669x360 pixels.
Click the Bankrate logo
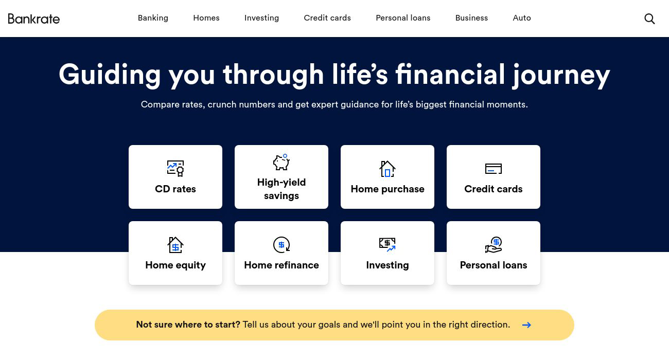[34, 19]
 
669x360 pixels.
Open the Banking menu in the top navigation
[153, 18]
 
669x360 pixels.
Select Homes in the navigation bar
[206, 18]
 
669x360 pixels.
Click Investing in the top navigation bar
[261, 18]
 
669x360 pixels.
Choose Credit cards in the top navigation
[327, 18]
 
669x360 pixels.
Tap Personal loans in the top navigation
[403, 18]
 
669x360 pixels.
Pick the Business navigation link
[471, 18]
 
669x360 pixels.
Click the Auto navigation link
[522, 18]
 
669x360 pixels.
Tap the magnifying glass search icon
[649, 19]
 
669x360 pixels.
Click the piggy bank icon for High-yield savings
[281, 162]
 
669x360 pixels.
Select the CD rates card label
[175, 189]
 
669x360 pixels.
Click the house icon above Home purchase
[388, 169]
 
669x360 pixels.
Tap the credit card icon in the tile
[494, 169]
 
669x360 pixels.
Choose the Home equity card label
[175, 265]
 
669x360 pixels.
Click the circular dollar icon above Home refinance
[281, 245]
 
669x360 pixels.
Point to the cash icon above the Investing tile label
[388, 244]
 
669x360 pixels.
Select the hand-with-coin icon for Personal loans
[494, 245]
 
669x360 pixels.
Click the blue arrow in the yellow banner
[526, 325]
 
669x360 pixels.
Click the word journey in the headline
[561, 75]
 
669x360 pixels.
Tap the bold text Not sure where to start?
[188, 325]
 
